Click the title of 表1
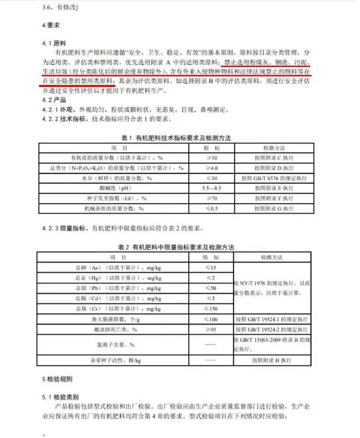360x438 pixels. (x=180, y=138)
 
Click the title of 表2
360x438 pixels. (x=180, y=247)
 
